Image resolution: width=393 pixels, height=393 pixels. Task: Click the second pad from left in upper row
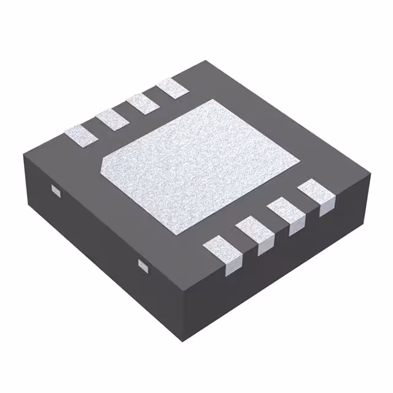click(x=111, y=119)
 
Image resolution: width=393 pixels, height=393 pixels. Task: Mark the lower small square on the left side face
click(x=143, y=265)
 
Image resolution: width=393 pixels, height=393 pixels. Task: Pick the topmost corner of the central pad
click(x=211, y=99)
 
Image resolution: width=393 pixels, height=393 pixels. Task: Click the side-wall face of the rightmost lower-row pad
click(x=326, y=206)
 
